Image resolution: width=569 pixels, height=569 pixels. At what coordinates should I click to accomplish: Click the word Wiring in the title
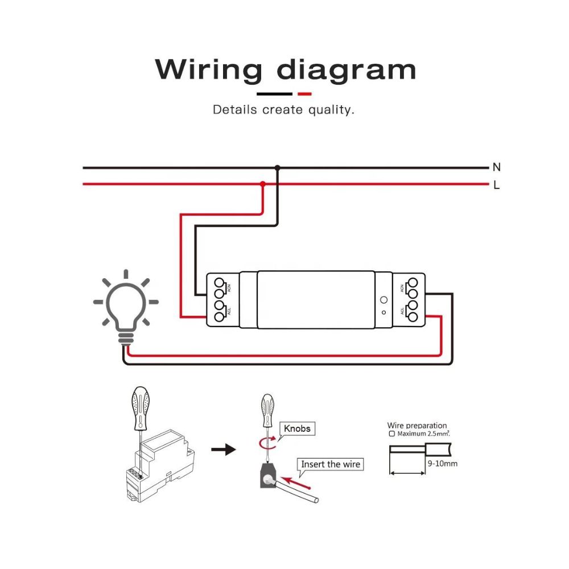click(209, 69)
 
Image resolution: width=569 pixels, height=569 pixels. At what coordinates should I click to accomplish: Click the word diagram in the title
click(347, 69)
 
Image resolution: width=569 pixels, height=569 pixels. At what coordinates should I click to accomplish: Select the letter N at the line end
click(497, 167)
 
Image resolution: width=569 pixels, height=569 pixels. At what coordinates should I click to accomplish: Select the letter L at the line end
click(497, 185)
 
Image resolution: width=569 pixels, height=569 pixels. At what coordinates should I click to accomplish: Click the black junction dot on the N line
click(277, 168)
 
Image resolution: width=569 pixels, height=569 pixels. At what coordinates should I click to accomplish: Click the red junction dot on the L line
click(262, 184)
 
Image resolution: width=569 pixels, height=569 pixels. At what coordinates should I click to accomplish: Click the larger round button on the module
click(383, 299)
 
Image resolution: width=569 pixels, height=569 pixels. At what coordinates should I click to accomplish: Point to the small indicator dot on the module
click(383, 312)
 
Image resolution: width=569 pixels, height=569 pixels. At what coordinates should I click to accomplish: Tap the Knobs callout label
click(297, 428)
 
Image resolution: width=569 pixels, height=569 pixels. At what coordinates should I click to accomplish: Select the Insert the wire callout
click(331, 464)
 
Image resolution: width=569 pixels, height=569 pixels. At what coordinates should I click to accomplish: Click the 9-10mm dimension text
click(442, 463)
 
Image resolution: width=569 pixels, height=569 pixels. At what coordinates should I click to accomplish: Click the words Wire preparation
click(417, 425)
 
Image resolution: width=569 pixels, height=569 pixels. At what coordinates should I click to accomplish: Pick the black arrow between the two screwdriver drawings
click(223, 450)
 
